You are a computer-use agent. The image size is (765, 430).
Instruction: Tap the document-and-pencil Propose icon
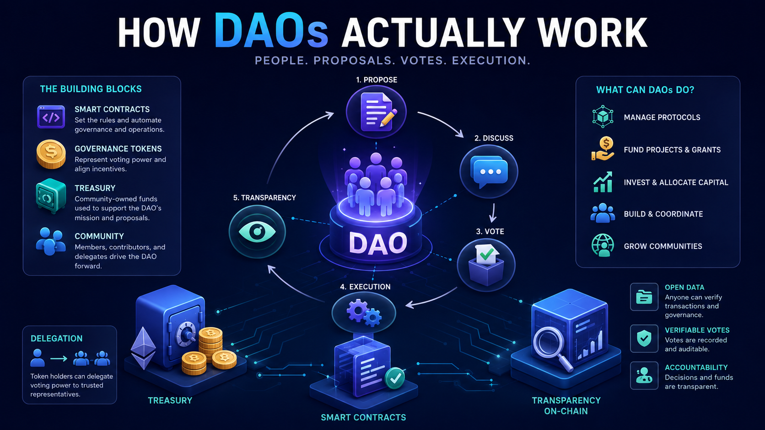tap(377, 111)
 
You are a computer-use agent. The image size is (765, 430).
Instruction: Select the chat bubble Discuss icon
tap(489, 171)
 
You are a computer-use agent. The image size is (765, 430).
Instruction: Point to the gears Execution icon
tap(364, 313)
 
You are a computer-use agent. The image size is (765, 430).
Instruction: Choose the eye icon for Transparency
tap(257, 232)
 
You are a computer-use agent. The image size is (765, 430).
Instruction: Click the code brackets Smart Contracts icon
tap(51, 117)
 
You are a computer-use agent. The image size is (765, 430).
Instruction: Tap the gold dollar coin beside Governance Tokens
tap(51, 154)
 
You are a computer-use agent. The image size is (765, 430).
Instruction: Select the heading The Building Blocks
tap(91, 89)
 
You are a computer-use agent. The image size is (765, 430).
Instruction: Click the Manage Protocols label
tap(662, 117)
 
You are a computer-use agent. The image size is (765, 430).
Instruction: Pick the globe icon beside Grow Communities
tap(603, 245)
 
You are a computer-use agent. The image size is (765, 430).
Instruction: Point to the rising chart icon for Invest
tap(603, 182)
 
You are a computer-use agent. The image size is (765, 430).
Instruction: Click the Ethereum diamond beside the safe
tap(144, 349)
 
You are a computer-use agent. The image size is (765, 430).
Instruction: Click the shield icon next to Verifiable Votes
tap(644, 339)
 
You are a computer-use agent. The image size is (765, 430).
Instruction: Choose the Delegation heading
tap(57, 339)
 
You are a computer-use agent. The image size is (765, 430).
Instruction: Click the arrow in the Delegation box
tap(59, 358)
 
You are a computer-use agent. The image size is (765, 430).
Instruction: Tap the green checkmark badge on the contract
tap(395, 378)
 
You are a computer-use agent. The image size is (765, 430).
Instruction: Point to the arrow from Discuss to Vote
tap(493, 213)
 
